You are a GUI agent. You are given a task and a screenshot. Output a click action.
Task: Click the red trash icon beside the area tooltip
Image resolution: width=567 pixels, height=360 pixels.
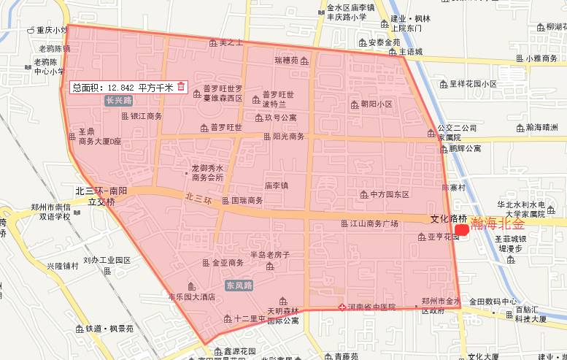[181, 87]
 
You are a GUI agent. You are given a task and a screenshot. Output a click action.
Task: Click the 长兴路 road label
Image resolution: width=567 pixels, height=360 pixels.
[119, 101]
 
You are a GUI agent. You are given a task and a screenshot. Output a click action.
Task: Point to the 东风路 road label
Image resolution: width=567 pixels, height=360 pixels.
[239, 285]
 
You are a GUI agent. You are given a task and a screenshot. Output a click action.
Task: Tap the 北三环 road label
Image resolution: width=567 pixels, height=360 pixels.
[197, 197]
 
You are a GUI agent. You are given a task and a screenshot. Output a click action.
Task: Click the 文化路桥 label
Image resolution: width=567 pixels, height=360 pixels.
[448, 218]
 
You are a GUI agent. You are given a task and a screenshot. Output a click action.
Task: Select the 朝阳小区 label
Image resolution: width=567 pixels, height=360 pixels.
[377, 104]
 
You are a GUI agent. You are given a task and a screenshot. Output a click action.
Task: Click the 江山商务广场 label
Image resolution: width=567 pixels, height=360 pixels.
[374, 223]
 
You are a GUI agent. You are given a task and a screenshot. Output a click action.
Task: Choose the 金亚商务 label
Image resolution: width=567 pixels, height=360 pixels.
[227, 262]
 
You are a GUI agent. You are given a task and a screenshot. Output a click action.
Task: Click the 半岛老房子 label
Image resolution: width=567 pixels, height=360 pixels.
[270, 255]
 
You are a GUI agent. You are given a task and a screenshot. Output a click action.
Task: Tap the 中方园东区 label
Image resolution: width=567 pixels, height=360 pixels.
[389, 194]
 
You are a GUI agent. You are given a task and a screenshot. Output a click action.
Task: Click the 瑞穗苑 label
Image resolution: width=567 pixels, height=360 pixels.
[286, 60]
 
